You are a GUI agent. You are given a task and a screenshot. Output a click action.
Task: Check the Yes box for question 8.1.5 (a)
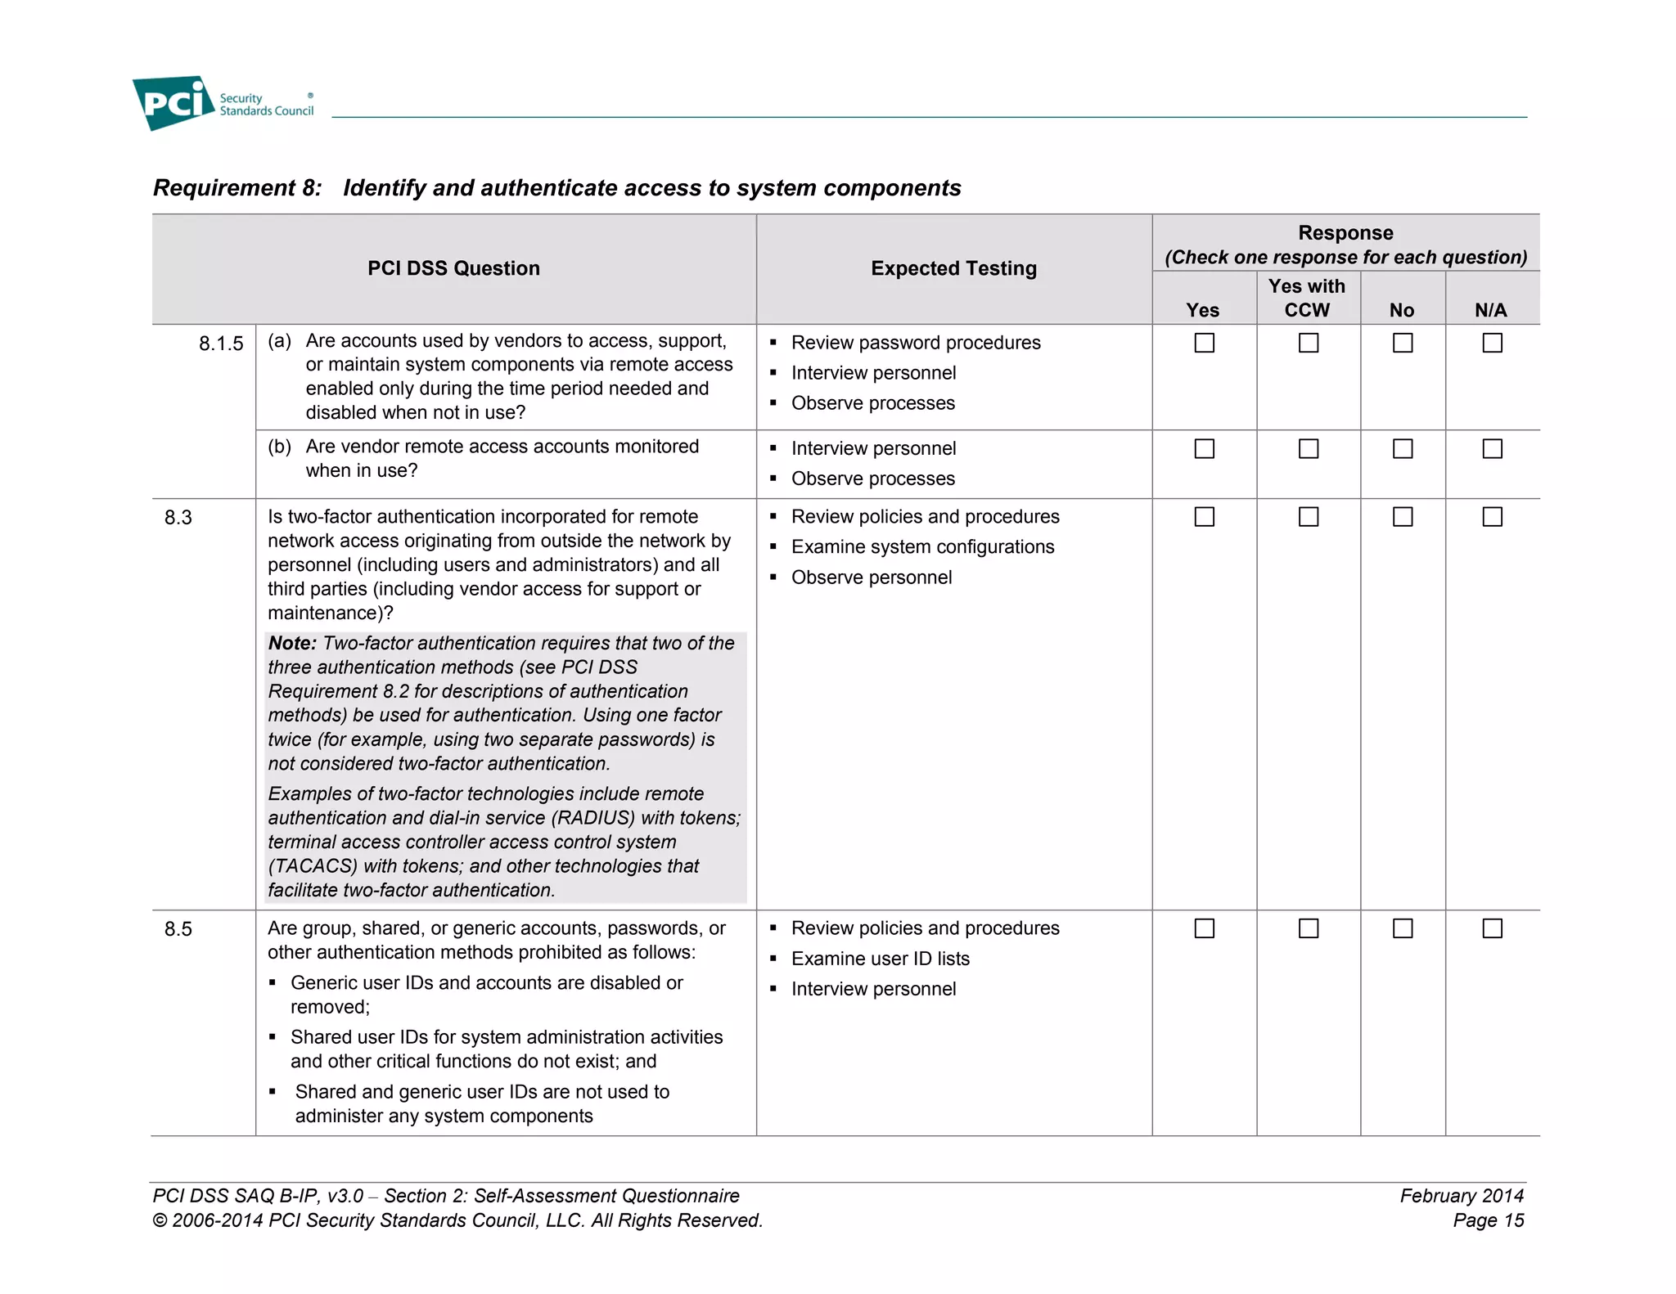coord(1204,343)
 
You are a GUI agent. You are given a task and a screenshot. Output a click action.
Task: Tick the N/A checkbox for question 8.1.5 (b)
coord(1492,449)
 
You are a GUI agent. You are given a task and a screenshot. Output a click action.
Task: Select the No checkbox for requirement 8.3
coord(1403,517)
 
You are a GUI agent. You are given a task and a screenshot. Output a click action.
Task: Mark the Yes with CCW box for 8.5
coord(1309,928)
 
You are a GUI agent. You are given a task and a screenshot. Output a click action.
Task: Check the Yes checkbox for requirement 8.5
coord(1204,928)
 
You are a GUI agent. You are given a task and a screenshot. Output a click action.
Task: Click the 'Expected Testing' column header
coord(953,268)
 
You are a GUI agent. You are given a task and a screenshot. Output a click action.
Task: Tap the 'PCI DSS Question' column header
coord(453,268)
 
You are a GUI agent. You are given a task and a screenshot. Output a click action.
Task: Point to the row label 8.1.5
coord(221,344)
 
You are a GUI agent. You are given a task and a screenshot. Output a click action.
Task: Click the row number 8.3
coord(178,518)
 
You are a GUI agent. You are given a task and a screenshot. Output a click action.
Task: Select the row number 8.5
coord(178,929)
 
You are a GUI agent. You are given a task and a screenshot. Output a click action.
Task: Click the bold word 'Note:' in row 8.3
coord(292,644)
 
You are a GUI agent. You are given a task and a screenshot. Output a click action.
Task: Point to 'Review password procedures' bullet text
coord(916,343)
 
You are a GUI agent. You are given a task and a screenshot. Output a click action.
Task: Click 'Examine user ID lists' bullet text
coord(880,959)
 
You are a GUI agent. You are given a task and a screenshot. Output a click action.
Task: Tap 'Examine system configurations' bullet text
coord(922,547)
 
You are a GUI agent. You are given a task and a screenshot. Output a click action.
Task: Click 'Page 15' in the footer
coord(1488,1220)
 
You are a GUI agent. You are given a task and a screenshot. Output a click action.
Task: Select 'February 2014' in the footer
coord(1462,1196)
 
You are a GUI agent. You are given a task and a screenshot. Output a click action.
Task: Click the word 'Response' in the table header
coord(1345,233)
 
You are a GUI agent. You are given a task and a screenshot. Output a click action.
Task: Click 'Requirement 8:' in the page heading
coord(237,188)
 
